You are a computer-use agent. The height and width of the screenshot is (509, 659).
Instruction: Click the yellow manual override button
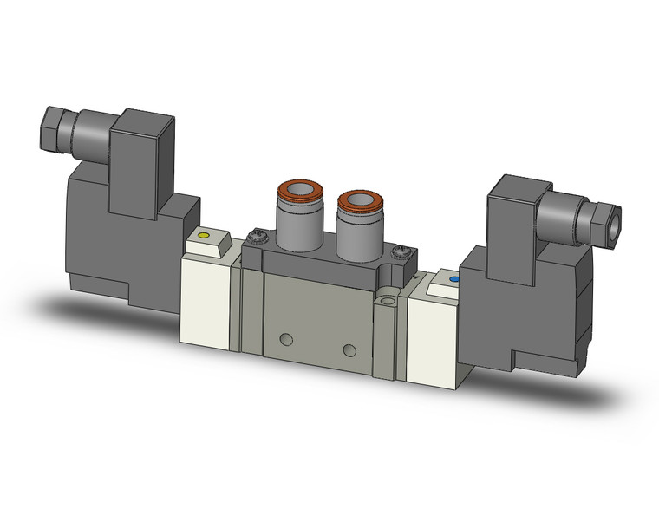(205, 235)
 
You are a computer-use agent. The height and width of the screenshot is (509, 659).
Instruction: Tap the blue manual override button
(453, 281)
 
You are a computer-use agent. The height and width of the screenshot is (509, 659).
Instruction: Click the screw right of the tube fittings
(399, 252)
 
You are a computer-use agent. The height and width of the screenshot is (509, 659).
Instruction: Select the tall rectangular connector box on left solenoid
(144, 160)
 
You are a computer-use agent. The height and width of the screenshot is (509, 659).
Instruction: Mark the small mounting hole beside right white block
(388, 303)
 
